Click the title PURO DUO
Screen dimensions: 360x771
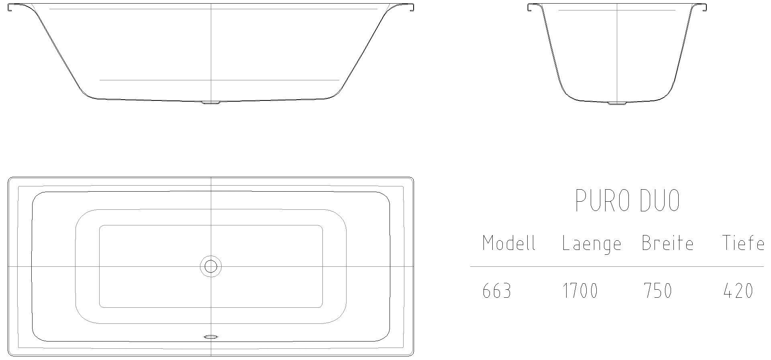pos(627,200)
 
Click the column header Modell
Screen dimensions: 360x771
pos(509,243)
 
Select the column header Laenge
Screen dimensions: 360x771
pos(591,244)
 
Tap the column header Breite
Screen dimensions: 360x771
pos(667,243)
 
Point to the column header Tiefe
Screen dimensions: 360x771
pos(743,243)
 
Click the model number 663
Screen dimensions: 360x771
pos(497,291)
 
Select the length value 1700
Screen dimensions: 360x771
pos(580,291)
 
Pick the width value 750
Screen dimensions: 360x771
pos(658,291)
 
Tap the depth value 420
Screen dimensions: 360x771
pos(738,291)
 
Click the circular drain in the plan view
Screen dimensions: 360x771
pos(211,266)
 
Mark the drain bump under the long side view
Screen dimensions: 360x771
pos(211,103)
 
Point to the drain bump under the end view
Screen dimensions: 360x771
pos(617,103)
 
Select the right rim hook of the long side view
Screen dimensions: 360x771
pos(410,7)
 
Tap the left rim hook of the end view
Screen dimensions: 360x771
pos(531,7)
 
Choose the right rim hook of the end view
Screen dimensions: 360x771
pos(704,7)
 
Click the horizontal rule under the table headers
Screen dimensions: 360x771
pos(617,266)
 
